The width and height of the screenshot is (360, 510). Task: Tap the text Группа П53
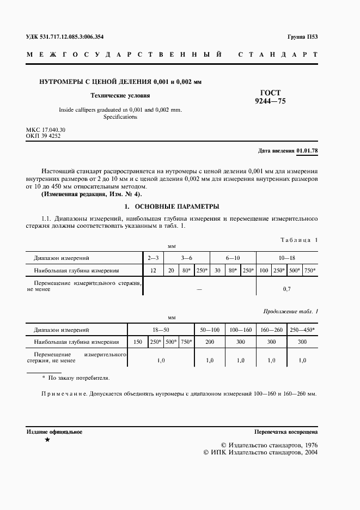tap(302, 37)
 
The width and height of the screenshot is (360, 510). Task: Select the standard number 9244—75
tap(271, 101)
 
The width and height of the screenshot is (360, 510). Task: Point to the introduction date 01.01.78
tap(307, 150)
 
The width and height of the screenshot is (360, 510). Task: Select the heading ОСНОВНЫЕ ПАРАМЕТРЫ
tap(176, 207)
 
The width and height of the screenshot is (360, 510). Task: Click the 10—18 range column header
tap(287, 257)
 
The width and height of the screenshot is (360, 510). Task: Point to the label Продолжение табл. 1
tap(290, 311)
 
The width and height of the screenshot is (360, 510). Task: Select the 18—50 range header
tap(161, 330)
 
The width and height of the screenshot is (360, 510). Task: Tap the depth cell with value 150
tap(137, 342)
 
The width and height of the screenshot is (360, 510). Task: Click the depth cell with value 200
tap(210, 342)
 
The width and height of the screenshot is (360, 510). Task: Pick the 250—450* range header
tap(302, 330)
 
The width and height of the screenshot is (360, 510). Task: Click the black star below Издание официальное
tap(47, 439)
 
